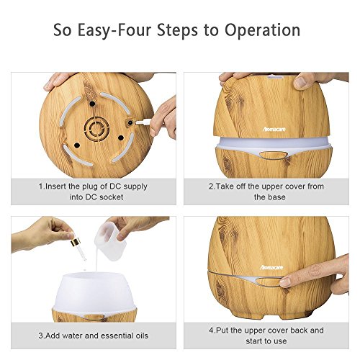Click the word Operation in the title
pyautogui.click(x=263, y=30)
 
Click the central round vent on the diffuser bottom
pyautogui.click(x=96, y=129)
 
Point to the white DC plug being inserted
pyautogui.click(x=143, y=122)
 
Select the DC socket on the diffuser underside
pyautogui.click(x=130, y=123)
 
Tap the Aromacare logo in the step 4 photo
pyautogui.click(x=271, y=267)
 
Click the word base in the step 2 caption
pyautogui.click(x=276, y=197)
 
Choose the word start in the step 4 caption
pyautogui.click(x=254, y=341)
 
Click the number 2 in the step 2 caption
pyautogui.click(x=211, y=186)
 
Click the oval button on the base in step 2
pyautogui.click(x=274, y=155)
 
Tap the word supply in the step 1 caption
pyautogui.click(x=135, y=186)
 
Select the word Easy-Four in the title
pyautogui.click(x=114, y=30)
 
